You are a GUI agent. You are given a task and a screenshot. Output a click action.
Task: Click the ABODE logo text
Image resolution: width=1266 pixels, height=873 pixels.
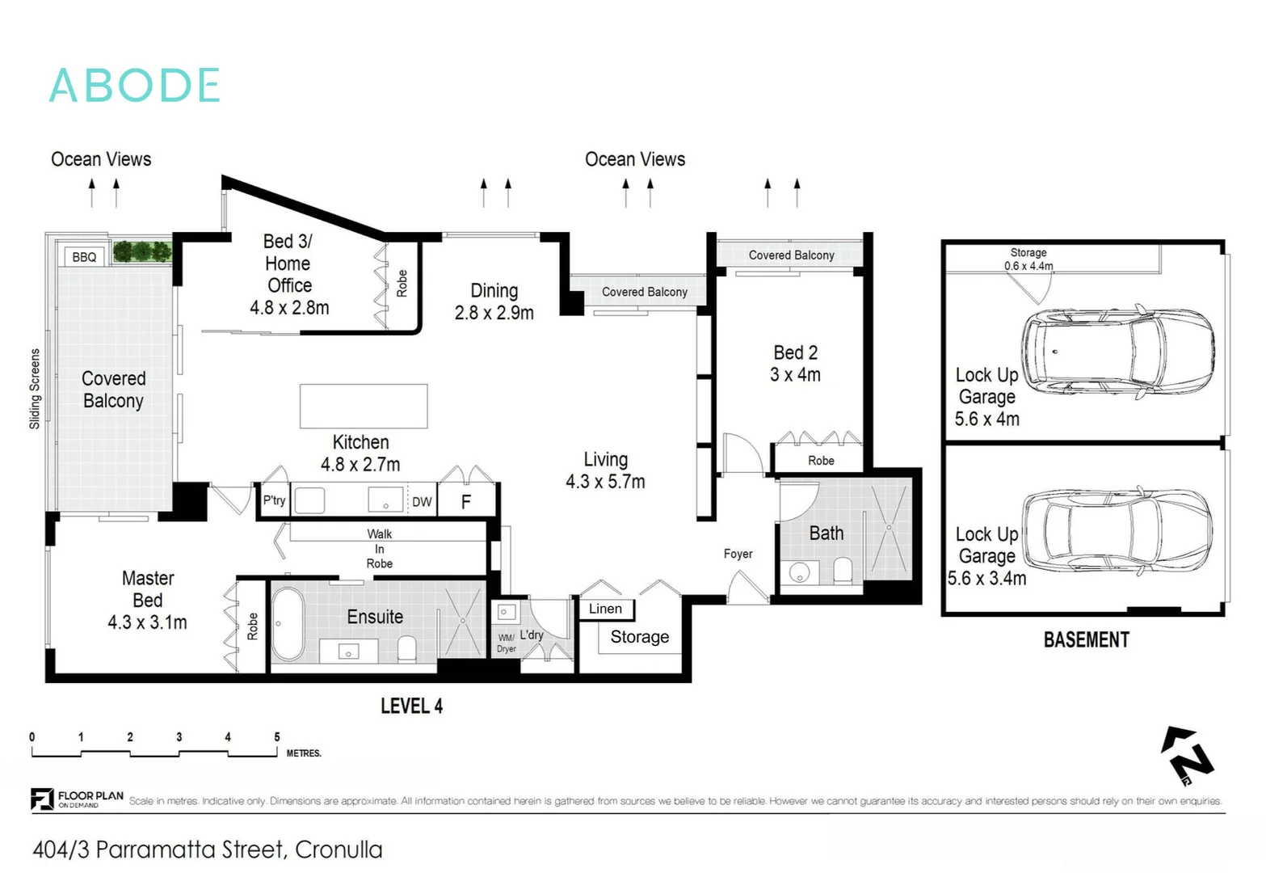point(135,86)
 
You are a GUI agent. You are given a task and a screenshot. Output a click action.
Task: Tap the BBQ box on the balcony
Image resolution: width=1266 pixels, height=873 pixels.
point(84,257)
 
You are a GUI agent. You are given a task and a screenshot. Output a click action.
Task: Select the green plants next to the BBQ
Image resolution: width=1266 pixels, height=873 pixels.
point(142,251)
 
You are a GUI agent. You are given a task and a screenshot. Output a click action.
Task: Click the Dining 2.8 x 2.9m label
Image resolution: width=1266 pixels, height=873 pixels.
point(494,302)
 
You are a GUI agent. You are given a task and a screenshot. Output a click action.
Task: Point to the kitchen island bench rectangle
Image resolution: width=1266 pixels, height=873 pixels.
point(364,406)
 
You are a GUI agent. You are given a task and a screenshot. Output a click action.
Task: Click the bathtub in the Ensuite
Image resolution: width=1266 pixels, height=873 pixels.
point(288,623)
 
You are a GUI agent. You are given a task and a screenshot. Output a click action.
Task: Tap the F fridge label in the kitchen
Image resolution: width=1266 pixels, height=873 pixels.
point(466,502)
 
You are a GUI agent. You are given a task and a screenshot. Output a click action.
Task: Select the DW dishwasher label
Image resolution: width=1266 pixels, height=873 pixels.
point(422,502)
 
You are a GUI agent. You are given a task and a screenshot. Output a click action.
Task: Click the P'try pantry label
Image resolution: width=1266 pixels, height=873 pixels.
point(274,500)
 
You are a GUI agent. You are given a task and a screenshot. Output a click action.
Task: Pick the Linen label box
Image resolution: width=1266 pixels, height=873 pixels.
point(605,609)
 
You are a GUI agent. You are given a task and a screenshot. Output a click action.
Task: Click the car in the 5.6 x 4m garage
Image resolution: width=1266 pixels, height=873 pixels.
point(1118,352)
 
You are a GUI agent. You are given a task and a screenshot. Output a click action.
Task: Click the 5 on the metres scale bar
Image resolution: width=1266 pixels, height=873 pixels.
point(277,737)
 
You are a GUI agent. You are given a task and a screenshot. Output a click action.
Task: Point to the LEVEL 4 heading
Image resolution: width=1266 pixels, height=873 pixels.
point(411,706)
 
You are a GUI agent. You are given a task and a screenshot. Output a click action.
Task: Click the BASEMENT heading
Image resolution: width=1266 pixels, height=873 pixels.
point(1086,640)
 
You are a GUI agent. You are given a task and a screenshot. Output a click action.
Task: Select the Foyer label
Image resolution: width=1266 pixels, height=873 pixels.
point(738,554)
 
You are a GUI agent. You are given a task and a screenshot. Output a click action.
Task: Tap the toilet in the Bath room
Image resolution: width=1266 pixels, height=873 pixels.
point(843,570)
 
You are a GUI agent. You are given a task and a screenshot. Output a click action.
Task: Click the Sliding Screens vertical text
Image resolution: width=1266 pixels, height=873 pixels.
point(35,389)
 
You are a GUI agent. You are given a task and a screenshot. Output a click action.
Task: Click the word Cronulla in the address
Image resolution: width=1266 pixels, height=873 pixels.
point(339,850)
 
